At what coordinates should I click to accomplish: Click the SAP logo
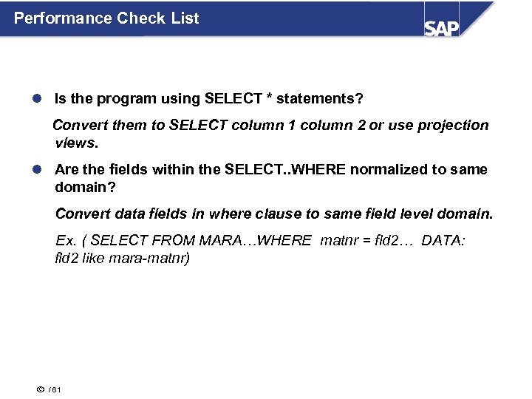tap(442, 27)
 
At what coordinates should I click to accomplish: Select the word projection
tap(453, 126)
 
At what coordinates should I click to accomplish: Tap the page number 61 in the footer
tap(57, 390)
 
